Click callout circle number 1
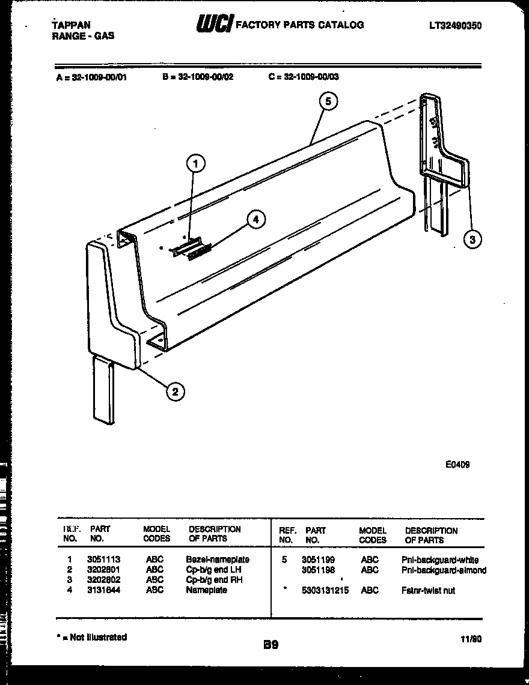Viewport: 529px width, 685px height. click(195, 162)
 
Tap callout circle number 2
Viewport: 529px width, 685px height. click(174, 392)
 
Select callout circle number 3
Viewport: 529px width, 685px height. click(473, 240)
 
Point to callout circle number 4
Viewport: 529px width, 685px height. click(256, 220)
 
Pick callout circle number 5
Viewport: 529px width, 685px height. click(328, 101)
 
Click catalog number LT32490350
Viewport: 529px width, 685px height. click(456, 25)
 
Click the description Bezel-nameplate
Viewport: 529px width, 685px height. click(218, 559)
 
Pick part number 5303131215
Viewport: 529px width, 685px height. click(325, 590)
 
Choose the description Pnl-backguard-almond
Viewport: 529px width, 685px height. click(444, 570)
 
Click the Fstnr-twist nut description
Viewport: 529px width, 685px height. click(428, 590)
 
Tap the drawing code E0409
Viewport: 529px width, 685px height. click(458, 463)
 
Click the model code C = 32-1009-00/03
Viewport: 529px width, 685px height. click(304, 77)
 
